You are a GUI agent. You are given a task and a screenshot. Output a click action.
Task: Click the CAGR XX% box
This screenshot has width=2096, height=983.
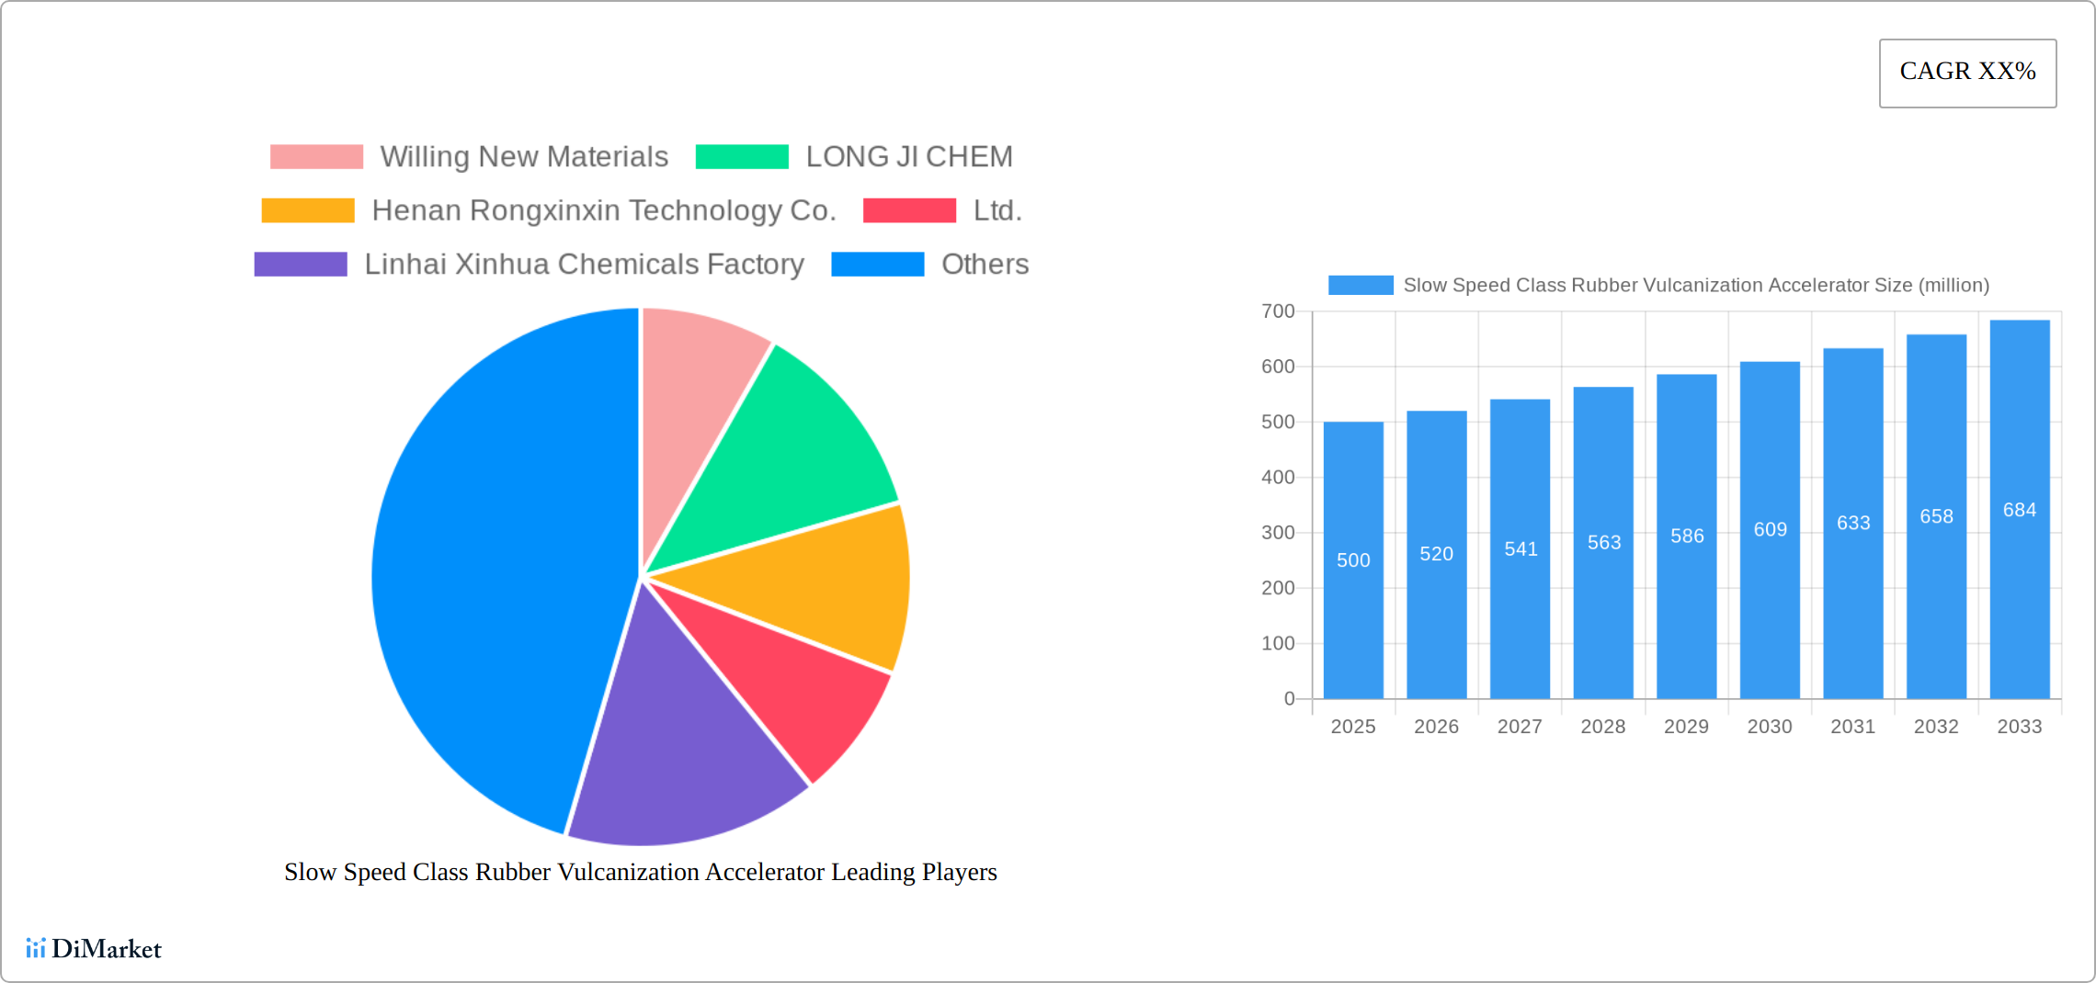(x=1967, y=73)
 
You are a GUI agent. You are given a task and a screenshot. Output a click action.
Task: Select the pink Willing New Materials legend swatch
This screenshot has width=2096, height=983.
(x=316, y=157)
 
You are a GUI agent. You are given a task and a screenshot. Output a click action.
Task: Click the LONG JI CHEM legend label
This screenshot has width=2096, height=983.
(x=908, y=157)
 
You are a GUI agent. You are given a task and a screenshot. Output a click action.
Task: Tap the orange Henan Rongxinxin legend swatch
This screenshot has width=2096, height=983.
(x=308, y=210)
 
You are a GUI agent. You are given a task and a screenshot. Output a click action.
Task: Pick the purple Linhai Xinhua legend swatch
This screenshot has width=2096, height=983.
(x=301, y=265)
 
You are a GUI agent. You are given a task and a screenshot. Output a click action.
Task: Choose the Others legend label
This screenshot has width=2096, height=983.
(x=985, y=265)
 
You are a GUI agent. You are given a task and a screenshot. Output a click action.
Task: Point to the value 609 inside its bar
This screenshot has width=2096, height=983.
(x=1770, y=529)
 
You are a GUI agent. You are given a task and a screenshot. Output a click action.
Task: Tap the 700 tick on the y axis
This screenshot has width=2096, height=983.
(x=1278, y=311)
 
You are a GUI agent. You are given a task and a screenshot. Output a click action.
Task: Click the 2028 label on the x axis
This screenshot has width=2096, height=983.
(x=1602, y=727)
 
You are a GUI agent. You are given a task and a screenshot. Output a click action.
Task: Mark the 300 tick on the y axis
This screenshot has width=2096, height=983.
(x=1278, y=533)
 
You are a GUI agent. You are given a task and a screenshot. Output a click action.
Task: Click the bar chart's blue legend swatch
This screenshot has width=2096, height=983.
(x=1361, y=286)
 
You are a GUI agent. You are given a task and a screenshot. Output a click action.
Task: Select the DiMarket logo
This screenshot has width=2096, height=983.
(x=94, y=948)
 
